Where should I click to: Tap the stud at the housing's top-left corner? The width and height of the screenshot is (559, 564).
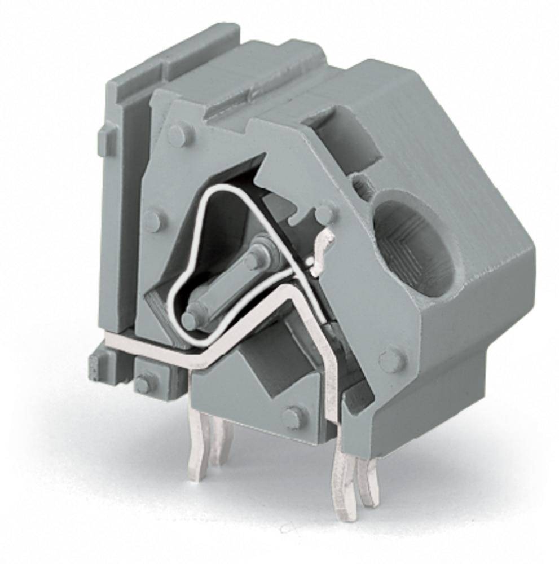pyautogui.click(x=180, y=135)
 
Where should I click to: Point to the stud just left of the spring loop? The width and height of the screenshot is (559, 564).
pyautogui.click(x=153, y=219)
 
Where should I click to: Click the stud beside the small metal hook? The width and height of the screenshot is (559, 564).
pyautogui.click(x=324, y=214)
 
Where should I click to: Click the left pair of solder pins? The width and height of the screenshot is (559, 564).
pyautogui.click(x=210, y=446)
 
